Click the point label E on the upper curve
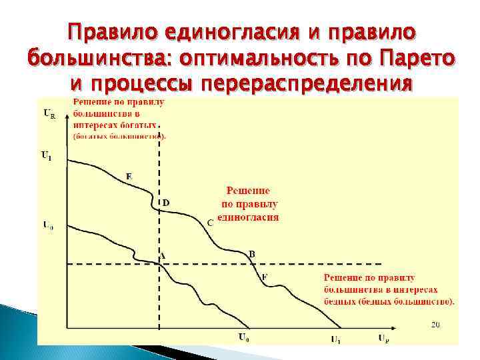coord(129,176)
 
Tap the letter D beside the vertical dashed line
coord(166,202)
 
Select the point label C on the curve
coord(209,223)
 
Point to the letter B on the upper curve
coord(251,253)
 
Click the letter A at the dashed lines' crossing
coord(162,256)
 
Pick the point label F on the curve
coord(264,277)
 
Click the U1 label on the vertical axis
coord(46,156)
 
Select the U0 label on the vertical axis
coord(47,225)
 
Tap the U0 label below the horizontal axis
coord(245,337)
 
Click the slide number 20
coord(435,325)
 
